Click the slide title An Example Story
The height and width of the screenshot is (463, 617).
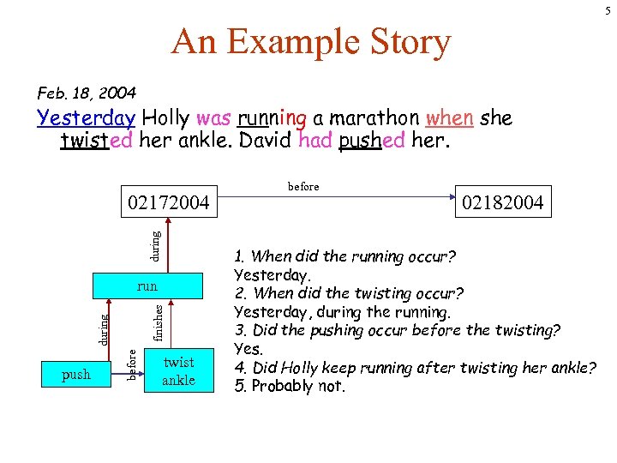[310, 41]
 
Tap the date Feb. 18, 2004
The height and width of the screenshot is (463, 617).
[86, 92]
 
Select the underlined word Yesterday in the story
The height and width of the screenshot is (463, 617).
[86, 117]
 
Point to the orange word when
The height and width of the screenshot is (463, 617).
[448, 117]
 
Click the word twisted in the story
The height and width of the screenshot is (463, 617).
[97, 140]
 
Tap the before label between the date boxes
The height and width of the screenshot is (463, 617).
[303, 186]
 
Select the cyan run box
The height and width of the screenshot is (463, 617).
[147, 286]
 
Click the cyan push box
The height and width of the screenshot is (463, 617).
[76, 374]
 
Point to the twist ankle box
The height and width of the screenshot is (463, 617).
[178, 371]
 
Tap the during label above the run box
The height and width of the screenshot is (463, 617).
[155, 245]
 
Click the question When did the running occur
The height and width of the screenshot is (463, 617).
[344, 256]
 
